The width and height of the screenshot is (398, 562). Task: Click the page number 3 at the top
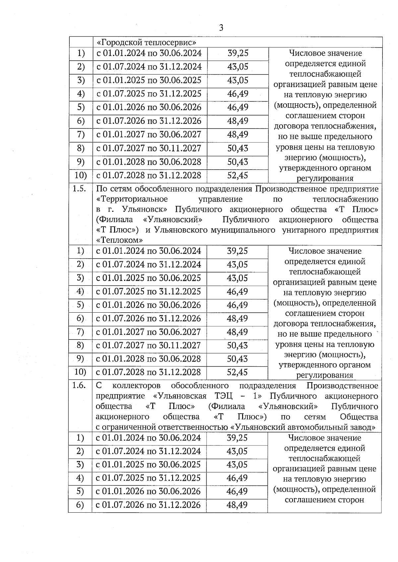(x=221, y=28)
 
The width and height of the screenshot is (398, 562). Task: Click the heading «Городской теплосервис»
(x=146, y=42)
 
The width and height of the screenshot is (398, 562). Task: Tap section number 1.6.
(x=80, y=385)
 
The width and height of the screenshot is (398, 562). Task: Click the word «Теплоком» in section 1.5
(x=119, y=240)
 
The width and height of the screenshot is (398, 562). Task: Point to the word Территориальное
(x=132, y=199)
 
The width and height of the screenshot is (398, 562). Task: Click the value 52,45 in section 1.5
(x=237, y=372)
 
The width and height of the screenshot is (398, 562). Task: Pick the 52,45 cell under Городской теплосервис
(x=238, y=175)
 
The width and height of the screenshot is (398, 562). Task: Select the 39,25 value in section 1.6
(x=237, y=438)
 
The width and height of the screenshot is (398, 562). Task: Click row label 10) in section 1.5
(x=80, y=372)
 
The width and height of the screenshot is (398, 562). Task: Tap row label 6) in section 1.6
(x=80, y=505)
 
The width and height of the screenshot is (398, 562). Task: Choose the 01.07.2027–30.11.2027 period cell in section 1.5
(x=149, y=345)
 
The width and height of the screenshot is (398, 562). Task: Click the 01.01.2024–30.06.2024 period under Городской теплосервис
(x=149, y=53)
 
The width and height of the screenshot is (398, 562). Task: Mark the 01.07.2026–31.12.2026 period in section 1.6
(x=148, y=505)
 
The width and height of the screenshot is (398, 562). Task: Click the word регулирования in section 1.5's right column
(x=324, y=376)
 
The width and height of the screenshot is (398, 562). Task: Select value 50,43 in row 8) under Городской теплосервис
(x=238, y=148)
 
